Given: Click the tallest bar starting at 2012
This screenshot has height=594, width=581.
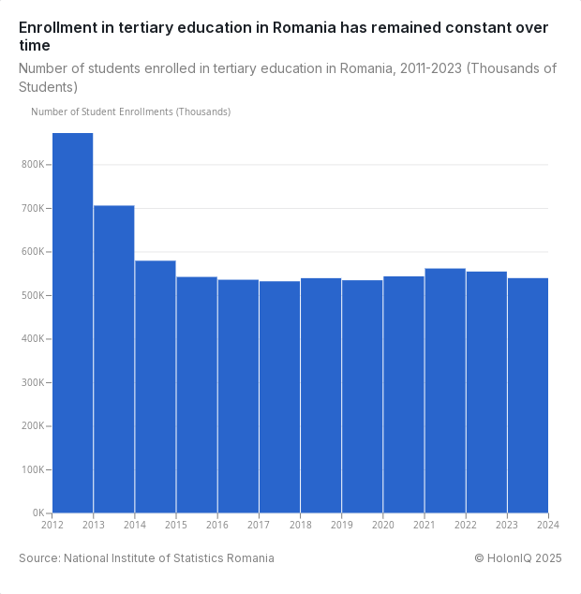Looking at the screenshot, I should coord(72,323).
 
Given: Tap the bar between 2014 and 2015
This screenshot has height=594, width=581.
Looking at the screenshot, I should coord(156,387).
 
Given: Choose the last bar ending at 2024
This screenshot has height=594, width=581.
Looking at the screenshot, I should coord(528,395).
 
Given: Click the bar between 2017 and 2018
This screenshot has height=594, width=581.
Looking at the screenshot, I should coord(279,397).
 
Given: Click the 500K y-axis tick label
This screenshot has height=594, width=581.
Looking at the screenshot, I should coord(33,295).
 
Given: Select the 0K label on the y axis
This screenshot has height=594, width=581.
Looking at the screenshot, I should coord(38,513).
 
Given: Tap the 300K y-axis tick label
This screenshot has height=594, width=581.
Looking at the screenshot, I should coord(33,382).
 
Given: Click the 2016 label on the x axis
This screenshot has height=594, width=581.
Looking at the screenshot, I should coord(217,525).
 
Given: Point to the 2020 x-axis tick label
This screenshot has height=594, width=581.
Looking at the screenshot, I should coord(383,525).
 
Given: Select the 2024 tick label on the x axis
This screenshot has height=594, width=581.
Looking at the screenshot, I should coord(548,525).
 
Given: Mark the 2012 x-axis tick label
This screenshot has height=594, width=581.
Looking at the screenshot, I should coord(52,525).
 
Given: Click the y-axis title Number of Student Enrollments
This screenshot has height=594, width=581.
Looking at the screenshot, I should coord(130,111).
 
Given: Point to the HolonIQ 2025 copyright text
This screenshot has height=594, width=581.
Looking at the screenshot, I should coord(517,558).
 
